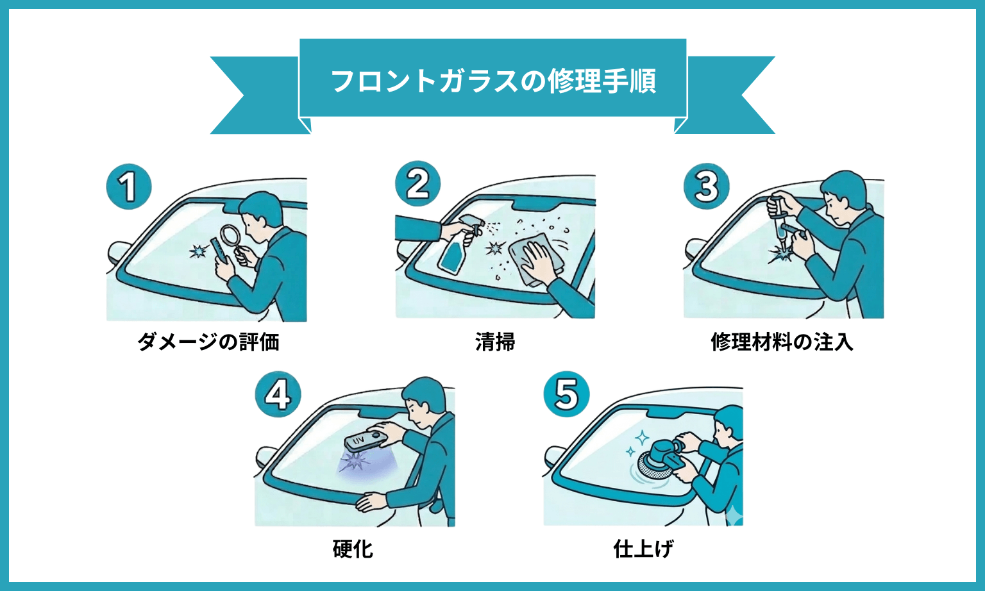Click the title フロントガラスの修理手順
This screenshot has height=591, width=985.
(x=492, y=81)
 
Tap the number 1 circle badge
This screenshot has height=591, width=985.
(x=128, y=187)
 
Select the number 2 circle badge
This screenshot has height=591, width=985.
(x=417, y=184)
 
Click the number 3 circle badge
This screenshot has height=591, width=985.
(x=706, y=186)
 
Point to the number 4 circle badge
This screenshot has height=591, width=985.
(x=277, y=394)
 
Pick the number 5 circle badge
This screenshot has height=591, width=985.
(x=566, y=394)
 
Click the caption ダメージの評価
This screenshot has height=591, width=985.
(x=208, y=342)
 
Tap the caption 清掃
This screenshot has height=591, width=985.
(x=495, y=342)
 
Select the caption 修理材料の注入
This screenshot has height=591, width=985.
(x=782, y=342)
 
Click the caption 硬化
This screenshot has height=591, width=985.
(x=353, y=549)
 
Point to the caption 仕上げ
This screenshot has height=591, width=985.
(x=643, y=549)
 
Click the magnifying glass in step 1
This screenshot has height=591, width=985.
(x=230, y=237)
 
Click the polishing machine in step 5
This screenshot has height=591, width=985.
(x=657, y=458)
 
